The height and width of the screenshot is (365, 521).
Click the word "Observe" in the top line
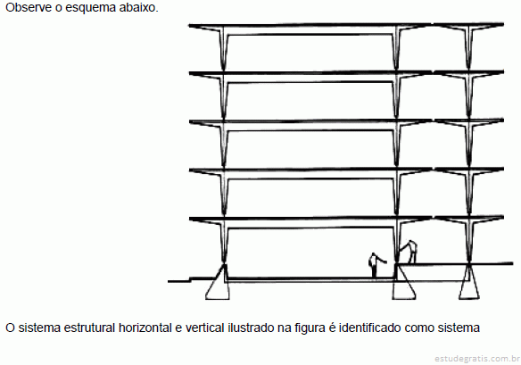point(29,7)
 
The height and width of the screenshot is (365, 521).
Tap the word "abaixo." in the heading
point(138,7)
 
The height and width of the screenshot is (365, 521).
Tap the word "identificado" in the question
point(370,328)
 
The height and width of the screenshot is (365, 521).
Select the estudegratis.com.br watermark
point(477,359)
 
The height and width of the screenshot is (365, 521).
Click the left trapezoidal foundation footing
point(218,282)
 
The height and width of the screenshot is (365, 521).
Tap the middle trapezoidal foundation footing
point(403,282)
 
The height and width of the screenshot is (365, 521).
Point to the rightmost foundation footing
point(469,282)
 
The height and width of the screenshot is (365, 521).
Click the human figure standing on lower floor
point(376,265)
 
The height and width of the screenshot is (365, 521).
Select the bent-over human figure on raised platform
point(408,252)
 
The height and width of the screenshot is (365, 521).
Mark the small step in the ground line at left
point(190,279)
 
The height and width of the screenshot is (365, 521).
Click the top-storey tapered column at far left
point(223,48)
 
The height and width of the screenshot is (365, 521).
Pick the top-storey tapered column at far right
point(469,48)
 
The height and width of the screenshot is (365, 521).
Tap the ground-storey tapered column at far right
point(469,241)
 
